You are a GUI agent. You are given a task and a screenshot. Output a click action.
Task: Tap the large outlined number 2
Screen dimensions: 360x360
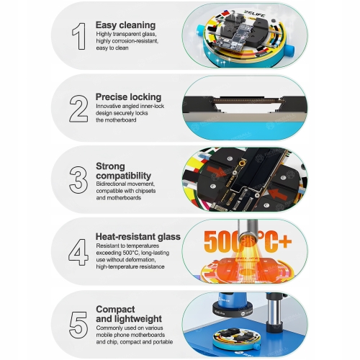[78, 109]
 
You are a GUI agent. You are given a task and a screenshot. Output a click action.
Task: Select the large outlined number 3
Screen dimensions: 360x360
[78, 180]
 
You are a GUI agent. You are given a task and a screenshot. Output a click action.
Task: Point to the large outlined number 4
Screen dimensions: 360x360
[78, 252]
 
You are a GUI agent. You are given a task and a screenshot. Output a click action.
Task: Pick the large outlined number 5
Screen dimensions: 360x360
[78, 325]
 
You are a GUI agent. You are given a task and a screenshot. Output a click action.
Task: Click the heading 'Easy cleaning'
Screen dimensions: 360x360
[125, 25]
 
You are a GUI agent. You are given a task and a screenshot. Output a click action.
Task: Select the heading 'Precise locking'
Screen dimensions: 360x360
[128, 97]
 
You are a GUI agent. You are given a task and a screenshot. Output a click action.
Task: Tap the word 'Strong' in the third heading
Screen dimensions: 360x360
[110, 166]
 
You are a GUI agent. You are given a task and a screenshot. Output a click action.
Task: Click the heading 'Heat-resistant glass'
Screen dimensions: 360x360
[138, 237]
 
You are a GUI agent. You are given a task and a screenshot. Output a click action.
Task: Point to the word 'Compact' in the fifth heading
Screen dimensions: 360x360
[115, 310]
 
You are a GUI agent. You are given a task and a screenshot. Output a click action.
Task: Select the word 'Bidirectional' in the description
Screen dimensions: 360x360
[110, 184]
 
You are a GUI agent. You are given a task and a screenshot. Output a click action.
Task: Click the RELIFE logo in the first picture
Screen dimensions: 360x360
[255, 14]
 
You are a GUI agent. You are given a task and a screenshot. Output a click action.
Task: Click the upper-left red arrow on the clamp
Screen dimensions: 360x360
[216, 171]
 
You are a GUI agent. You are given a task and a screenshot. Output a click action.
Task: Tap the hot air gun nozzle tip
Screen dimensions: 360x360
[247, 236]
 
